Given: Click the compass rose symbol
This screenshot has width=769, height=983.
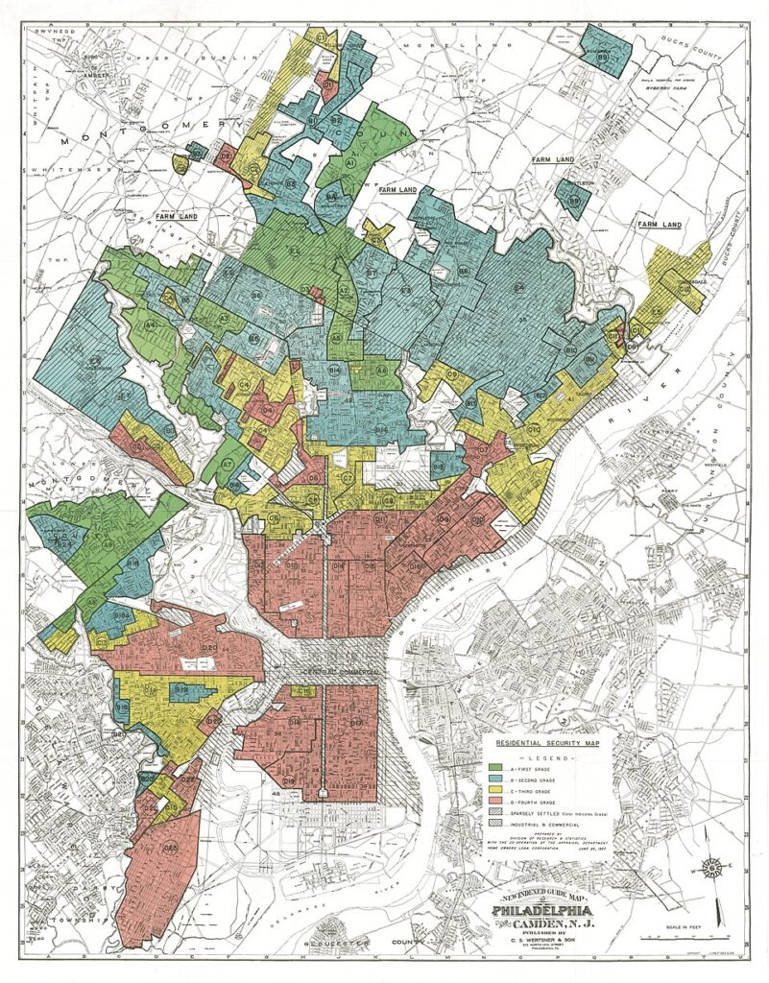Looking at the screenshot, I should pyautogui.click(x=711, y=869).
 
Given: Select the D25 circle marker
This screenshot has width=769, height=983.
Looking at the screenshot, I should pyautogui.click(x=172, y=848).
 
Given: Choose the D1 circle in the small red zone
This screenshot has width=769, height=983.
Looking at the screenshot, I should pyautogui.click(x=327, y=85).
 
